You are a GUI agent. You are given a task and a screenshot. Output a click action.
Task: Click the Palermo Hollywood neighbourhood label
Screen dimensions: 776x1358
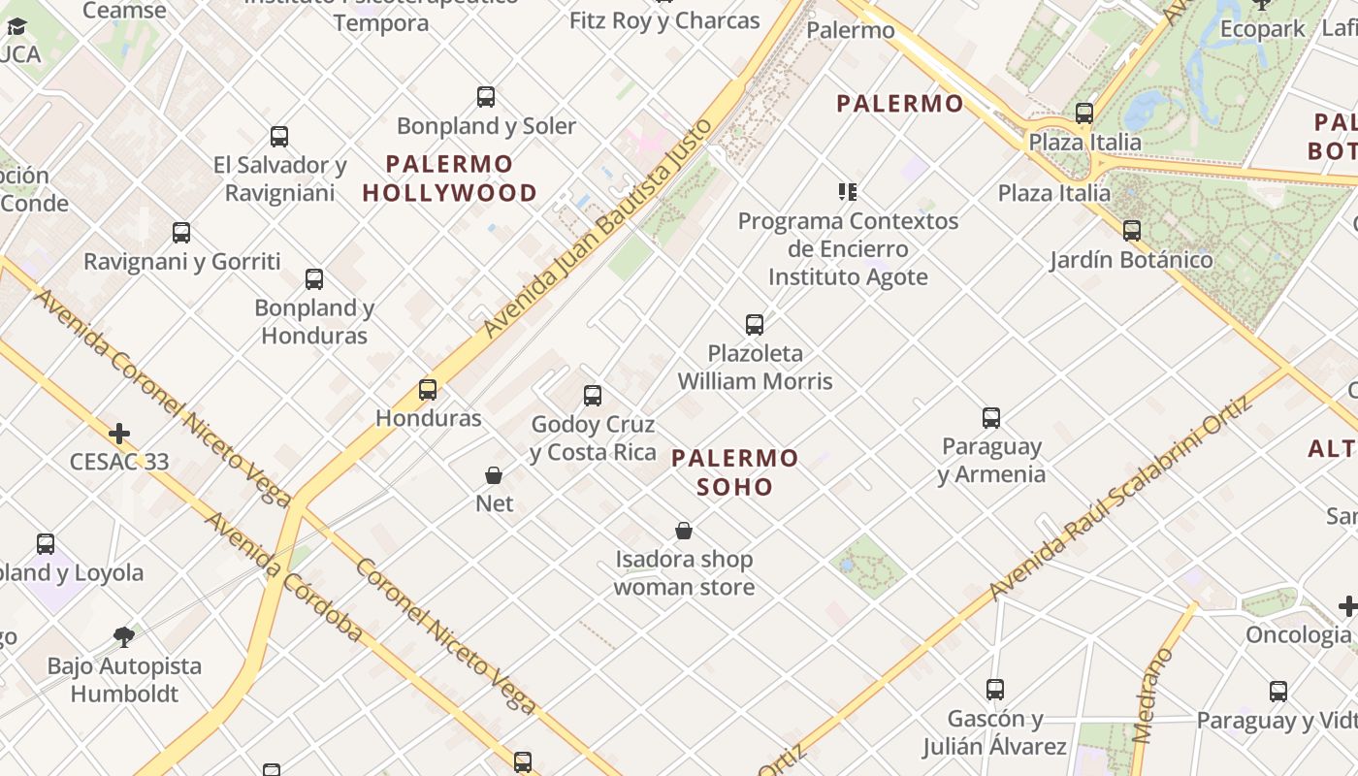point(449,178)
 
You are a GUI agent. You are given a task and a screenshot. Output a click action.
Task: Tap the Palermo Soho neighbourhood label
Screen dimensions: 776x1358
point(735,471)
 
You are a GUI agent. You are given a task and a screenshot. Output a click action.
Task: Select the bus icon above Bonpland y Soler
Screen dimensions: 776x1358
point(486,97)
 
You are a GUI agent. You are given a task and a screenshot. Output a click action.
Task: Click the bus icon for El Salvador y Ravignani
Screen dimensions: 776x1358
point(279,137)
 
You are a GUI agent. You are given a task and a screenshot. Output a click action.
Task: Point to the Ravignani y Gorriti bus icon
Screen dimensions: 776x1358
point(181,233)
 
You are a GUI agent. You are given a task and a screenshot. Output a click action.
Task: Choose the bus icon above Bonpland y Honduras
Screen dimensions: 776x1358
point(314,279)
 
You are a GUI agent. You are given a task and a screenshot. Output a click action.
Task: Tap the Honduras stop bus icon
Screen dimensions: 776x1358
point(428,390)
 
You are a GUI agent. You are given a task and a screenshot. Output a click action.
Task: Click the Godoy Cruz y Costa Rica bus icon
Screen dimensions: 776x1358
point(593,396)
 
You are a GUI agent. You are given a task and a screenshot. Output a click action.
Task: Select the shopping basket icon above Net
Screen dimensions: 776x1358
point(494,475)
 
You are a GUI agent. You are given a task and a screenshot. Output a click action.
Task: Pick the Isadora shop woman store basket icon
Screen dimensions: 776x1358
point(684,531)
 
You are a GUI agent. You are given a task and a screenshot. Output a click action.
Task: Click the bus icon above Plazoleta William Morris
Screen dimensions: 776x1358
point(755,325)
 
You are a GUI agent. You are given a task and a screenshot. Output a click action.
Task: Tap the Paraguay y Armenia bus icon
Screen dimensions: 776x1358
point(991,418)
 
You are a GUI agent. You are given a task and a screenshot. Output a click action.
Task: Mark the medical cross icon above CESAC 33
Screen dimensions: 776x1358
point(119,433)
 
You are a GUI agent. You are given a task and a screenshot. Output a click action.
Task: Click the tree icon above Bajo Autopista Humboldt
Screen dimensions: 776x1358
point(124,637)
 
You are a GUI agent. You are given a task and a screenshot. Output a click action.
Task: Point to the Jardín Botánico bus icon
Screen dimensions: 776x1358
point(1131,231)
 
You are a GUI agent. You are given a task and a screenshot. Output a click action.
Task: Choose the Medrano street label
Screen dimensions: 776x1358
point(1152,695)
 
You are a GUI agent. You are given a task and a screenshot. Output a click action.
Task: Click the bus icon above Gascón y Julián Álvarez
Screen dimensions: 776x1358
point(994,690)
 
